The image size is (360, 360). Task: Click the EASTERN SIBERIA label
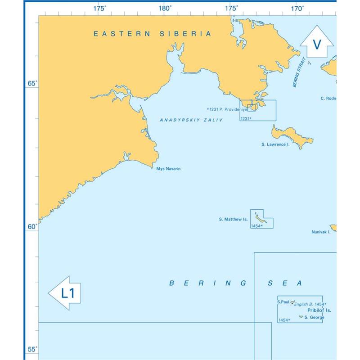tap(152, 34)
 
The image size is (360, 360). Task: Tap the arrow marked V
tap(317, 44)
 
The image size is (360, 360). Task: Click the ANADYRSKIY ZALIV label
tap(191, 120)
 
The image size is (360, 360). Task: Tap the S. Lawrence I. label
tap(275, 145)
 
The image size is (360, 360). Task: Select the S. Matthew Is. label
tap(233, 220)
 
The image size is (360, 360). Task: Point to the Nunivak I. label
tap(321, 232)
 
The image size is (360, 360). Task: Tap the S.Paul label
tap(283, 302)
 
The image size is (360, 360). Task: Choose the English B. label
tap(304, 305)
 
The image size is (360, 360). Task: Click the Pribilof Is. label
tap(319, 310)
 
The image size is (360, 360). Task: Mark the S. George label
tap(314, 317)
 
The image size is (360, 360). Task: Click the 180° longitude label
tap(165, 8)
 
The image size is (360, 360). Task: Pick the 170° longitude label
tap(297, 8)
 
